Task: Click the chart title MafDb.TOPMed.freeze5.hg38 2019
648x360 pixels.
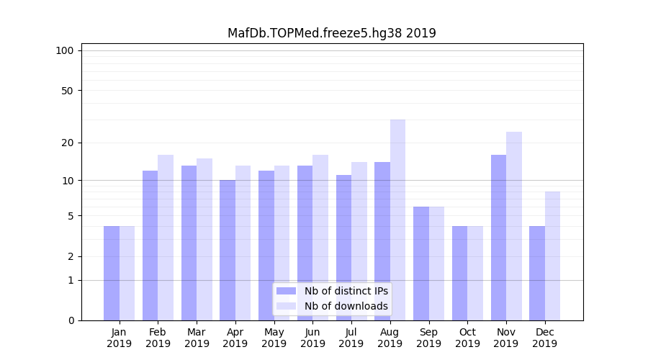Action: click(331, 33)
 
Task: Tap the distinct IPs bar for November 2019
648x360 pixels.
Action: click(498, 238)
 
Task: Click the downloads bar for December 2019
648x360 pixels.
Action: click(552, 256)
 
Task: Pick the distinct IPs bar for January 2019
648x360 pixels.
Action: click(112, 273)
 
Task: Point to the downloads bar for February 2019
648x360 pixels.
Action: click(166, 238)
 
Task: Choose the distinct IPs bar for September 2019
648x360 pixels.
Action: click(421, 264)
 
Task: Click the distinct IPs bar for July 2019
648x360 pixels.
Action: click(343, 248)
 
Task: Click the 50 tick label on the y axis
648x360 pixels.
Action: click(67, 91)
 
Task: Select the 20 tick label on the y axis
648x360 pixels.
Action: click(67, 143)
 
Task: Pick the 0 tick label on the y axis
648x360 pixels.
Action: click(70, 320)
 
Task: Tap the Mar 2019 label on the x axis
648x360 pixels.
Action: click(197, 338)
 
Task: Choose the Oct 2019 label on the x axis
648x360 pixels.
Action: click(467, 338)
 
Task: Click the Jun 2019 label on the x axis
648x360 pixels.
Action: click(312, 338)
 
